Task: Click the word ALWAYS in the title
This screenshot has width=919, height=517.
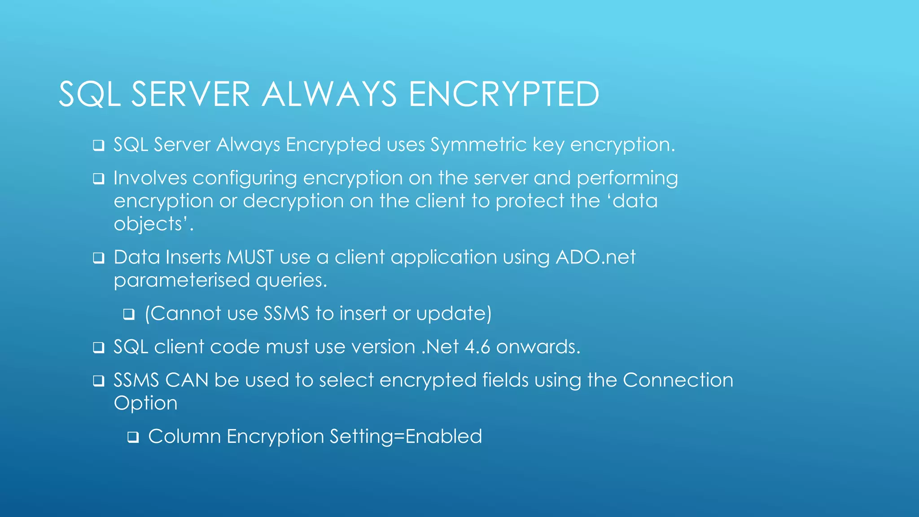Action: point(329,94)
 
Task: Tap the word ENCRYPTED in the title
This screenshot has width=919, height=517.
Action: point(503,94)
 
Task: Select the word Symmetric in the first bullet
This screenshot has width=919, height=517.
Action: point(478,145)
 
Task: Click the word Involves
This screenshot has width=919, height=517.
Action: point(150,178)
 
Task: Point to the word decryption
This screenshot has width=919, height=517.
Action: point(293,201)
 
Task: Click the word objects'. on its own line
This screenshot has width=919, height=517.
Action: point(153,224)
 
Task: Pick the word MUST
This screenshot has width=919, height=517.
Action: point(250,257)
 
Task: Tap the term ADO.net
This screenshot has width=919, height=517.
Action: point(595,257)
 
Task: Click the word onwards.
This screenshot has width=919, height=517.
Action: point(538,347)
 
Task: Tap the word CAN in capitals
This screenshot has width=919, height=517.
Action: point(187,380)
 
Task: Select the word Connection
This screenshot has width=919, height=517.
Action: point(678,380)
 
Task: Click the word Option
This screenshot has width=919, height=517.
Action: point(145,403)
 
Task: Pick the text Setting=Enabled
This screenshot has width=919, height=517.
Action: point(406,436)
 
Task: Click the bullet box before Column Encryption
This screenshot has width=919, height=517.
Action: point(133,437)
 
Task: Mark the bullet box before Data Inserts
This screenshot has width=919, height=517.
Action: point(99,258)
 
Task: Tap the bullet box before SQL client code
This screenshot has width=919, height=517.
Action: point(99,347)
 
